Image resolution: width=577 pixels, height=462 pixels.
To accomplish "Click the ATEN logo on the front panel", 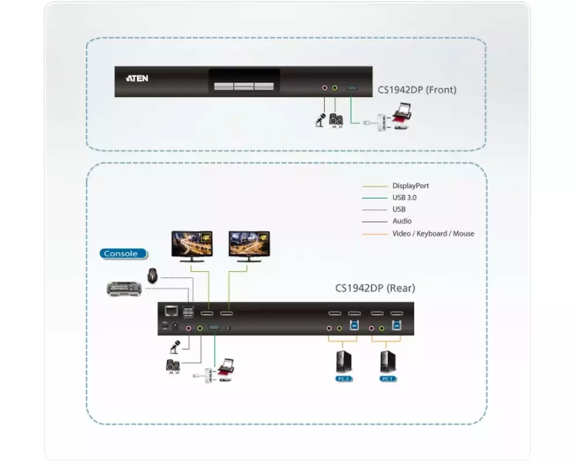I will pyautogui.click(x=137, y=78).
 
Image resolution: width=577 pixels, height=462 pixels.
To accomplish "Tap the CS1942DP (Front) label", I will pyautogui.click(x=417, y=90).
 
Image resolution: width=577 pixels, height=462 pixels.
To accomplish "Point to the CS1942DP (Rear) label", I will pyautogui.click(x=375, y=288).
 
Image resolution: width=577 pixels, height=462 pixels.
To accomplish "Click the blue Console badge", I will pyautogui.click(x=122, y=254).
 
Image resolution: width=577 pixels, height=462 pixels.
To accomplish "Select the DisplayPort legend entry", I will pyautogui.click(x=410, y=186).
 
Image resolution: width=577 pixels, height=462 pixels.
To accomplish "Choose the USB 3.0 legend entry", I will pyautogui.click(x=404, y=198).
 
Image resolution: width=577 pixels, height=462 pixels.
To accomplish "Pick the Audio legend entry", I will pyautogui.click(x=402, y=221).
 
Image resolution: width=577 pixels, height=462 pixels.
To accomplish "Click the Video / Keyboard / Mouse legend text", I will pyautogui.click(x=433, y=233).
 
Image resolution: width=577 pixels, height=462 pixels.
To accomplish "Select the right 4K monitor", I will pyautogui.click(x=249, y=245).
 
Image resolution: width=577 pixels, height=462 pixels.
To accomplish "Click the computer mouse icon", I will pyautogui.click(x=152, y=275).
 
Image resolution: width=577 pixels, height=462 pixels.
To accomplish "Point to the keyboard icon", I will pyautogui.click(x=125, y=288).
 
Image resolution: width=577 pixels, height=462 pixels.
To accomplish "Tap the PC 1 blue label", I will pyautogui.click(x=387, y=379).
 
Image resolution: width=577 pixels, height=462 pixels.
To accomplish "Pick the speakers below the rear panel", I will pyautogui.click(x=173, y=366).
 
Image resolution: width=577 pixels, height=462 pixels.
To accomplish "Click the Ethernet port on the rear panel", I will pyautogui.click(x=171, y=312).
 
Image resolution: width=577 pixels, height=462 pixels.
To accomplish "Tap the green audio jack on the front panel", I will pyautogui.click(x=335, y=88).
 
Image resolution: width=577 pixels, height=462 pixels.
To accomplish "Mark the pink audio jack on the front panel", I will pyautogui.click(x=324, y=88).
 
